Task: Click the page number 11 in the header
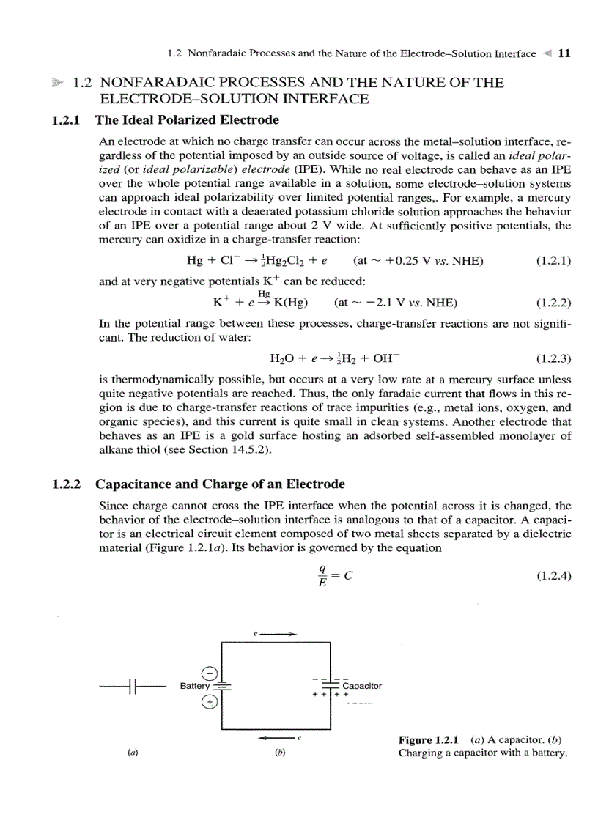564,53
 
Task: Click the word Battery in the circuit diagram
194,686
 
